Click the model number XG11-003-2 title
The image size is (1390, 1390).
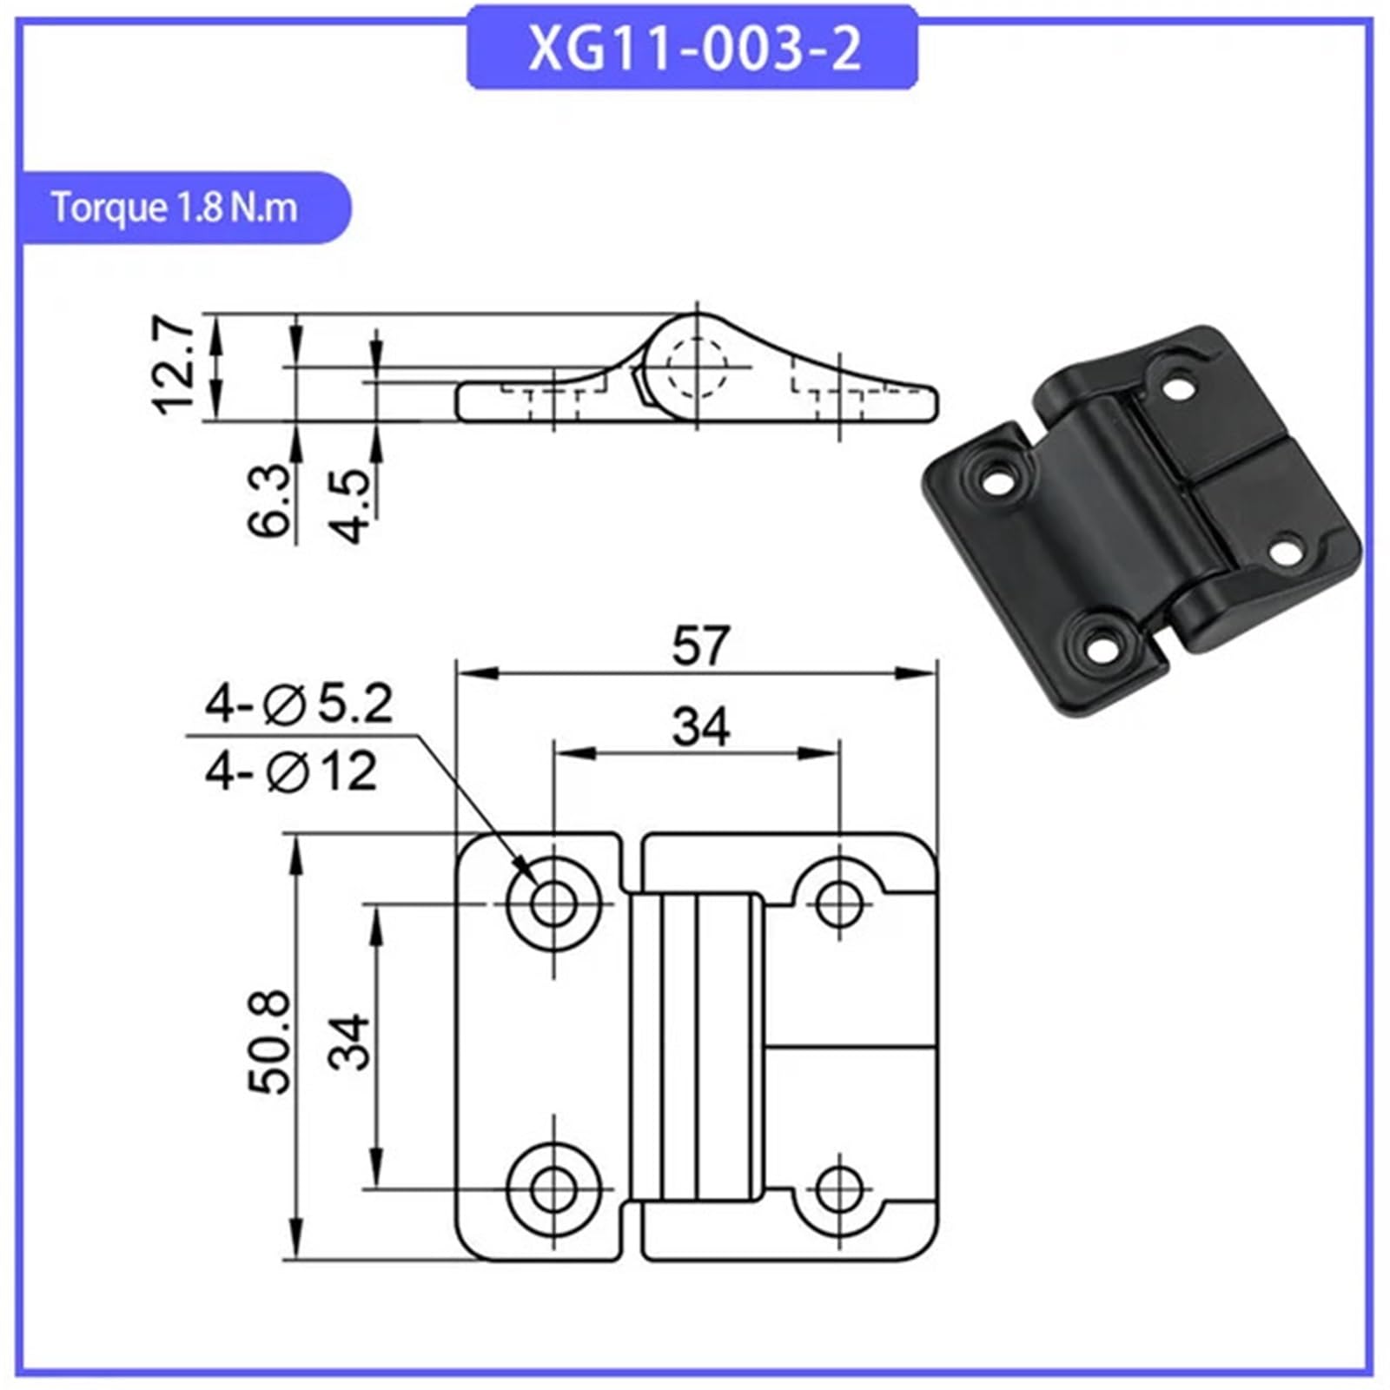tap(694, 49)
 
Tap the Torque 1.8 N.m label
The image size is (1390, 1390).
tap(174, 208)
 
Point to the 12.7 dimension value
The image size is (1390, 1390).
tap(175, 365)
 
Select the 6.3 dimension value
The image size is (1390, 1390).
tap(268, 500)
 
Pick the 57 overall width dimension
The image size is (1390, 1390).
tap(701, 645)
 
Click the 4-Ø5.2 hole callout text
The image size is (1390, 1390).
tap(299, 704)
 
